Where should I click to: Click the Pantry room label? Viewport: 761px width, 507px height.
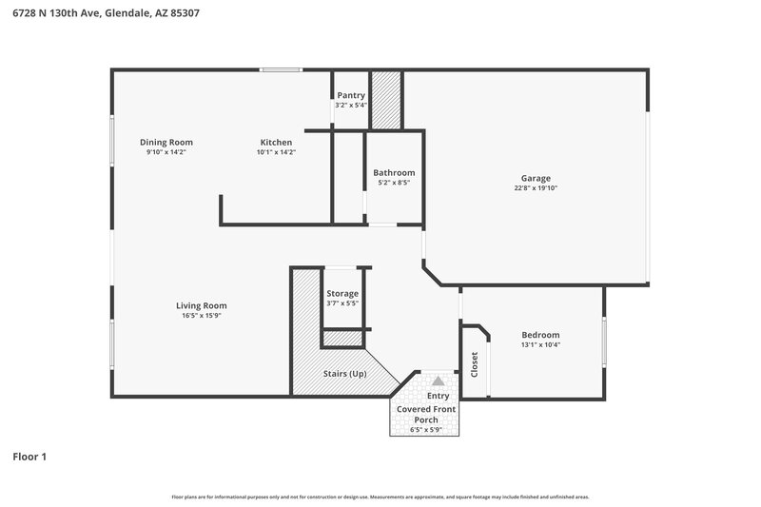(x=351, y=95)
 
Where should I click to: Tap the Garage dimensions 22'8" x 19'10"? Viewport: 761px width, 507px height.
(x=535, y=188)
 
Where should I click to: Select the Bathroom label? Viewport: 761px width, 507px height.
(x=394, y=172)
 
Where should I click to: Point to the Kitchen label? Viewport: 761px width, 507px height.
(x=276, y=142)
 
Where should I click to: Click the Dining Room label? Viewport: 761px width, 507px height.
(x=166, y=142)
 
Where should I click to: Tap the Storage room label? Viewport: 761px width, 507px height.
(x=342, y=294)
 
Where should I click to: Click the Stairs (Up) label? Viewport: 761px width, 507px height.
(x=343, y=374)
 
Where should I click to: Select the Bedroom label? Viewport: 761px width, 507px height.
(x=540, y=335)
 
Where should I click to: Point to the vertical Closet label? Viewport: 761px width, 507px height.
(x=475, y=364)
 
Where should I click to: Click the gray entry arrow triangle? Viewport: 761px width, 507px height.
(x=439, y=380)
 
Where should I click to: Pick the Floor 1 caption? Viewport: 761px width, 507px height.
(x=29, y=458)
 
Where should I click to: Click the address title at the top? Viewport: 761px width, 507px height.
(x=106, y=13)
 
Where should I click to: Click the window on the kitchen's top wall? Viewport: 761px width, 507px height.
(x=282, y=68)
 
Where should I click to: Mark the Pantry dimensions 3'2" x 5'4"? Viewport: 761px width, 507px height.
(x=351, y=106)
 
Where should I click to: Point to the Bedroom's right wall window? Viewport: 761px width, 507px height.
(x=603, y=342)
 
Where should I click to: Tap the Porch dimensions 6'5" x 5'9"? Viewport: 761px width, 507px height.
(x=425, y=429)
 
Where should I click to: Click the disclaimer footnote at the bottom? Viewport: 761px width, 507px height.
(x=380, y=497)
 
